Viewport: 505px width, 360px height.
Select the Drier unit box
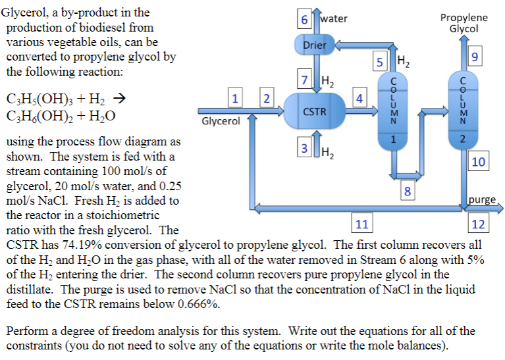(315, 45)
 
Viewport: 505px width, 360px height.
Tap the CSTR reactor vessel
(314, 112)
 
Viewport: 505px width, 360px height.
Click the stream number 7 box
(304, 81)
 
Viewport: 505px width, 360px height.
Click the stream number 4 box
(359, 99)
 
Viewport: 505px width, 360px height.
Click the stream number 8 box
(408, 192)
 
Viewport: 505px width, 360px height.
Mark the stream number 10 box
(479, 161)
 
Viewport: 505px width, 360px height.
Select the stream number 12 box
(479, 224)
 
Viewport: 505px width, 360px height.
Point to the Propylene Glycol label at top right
(464, 23)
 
